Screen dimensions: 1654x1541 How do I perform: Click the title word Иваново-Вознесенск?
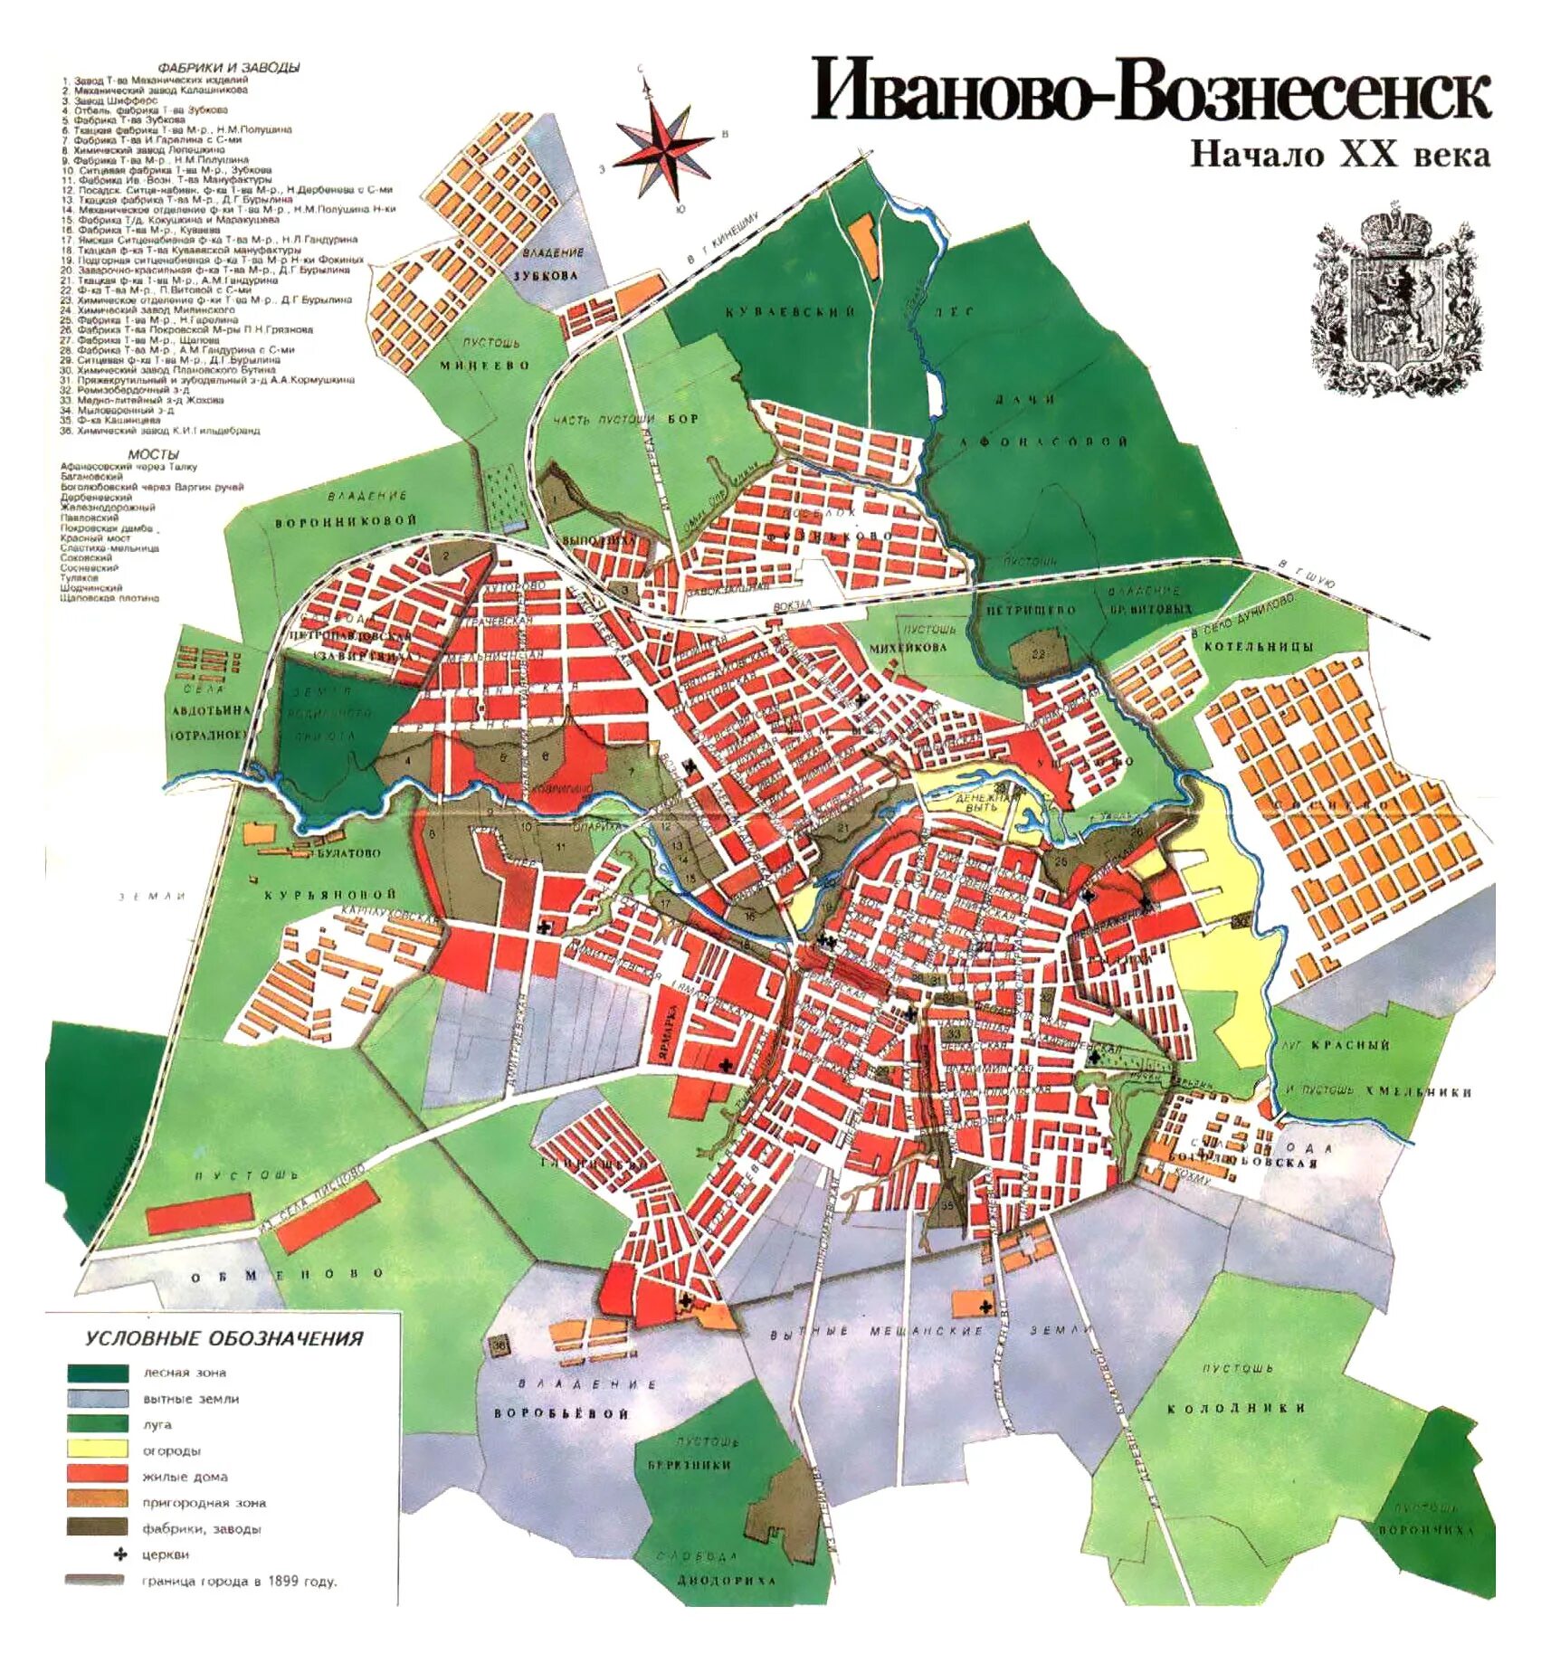click(1148, 90)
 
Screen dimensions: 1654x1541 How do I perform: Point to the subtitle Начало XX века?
click(1338, 155)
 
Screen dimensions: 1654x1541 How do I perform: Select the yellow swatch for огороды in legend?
click(97, 1450)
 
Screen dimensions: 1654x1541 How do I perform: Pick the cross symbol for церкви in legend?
click(119, 1554)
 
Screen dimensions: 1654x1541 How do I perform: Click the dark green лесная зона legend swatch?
click(97, 1372)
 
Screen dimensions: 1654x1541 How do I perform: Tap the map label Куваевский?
click(789, 312)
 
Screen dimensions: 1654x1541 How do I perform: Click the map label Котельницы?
click(1257, 646)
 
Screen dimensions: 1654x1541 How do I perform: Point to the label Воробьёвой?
click(561, 1413)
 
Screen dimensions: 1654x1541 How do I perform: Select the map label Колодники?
click(1235, 1408)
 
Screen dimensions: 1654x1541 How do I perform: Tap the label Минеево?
click(484, 366)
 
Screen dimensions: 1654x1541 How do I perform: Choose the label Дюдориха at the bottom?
click(727, 1580)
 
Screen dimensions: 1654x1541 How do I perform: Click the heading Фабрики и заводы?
click(228, 68)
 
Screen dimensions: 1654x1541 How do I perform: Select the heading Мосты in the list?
click(153, 455)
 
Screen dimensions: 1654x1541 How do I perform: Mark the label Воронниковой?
click(346, 522)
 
